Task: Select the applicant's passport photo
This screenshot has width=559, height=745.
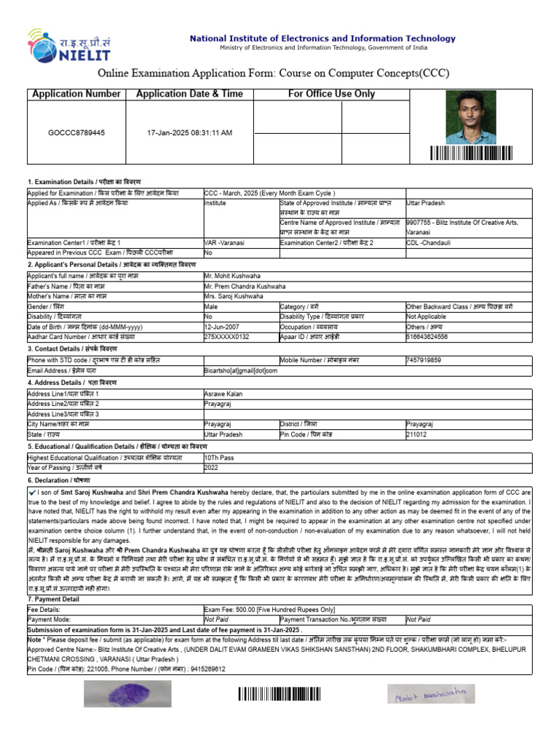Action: (x=471, y=116)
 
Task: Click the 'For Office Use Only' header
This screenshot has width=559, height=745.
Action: (x=331, y=94)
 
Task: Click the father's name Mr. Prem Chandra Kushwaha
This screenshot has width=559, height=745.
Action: (x=245, y=287)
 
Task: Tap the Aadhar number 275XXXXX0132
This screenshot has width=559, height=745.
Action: (x=226, y=337)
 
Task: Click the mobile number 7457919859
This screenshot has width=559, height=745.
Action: (x=424, y=359)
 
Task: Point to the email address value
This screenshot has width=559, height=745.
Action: (x=241, y=370)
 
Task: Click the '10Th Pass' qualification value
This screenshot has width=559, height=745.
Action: (x=220, y=458)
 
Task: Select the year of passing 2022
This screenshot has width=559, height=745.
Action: (x=212, y=468)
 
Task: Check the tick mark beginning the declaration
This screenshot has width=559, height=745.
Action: (x=33, y=493)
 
